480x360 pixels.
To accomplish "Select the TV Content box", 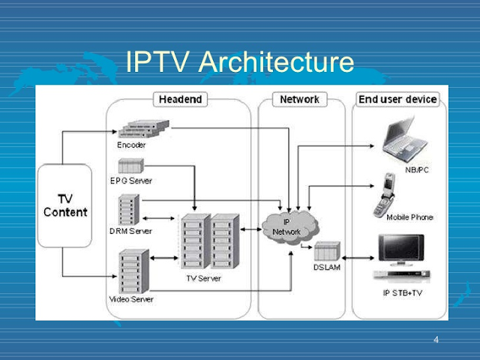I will pyautogui.click(x=65, y=205).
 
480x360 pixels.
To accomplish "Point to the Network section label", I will pyautogui.click(x=299, y=99).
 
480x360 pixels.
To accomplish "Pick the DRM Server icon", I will pyautogui.click(x=129, y=210).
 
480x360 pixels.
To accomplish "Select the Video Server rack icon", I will pyautogui.click(x=133, y=272).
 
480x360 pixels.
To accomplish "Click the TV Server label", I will pyautogui.click(x=204, y=278).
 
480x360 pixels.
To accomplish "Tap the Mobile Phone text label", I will pyautogui.click(x=409, y=217).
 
